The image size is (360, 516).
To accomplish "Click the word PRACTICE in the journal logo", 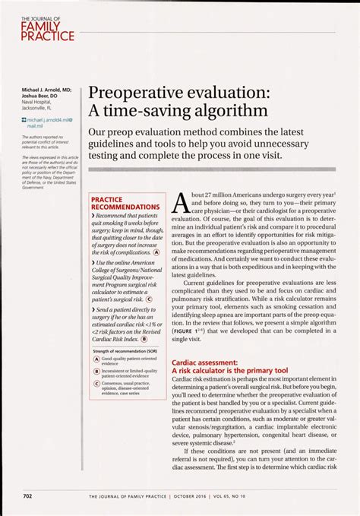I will coord(46,36).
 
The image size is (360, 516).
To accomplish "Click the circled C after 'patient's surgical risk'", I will coord(148,299).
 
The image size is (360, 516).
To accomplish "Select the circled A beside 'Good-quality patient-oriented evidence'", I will coord(96,359).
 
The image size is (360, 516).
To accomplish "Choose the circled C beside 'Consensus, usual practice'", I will coord(96,385).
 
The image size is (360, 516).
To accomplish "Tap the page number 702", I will coord(27,496).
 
